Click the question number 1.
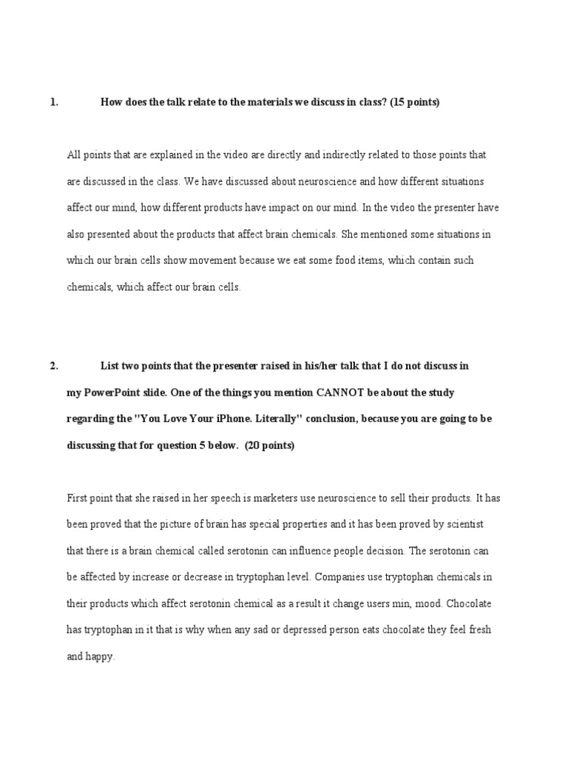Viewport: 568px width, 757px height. coord(53,103)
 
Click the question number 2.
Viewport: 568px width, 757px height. coord(53,366)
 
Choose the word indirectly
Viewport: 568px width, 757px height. coord(344,155)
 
